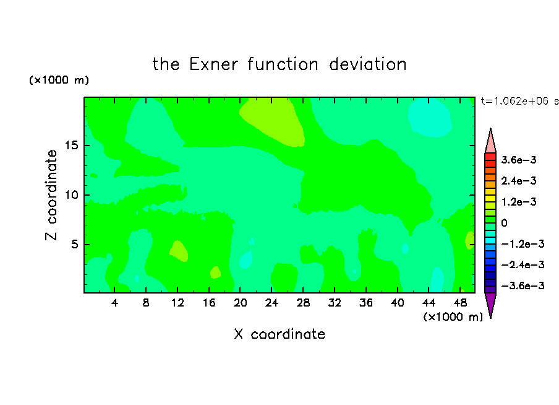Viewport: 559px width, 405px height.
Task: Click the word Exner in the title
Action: coord(213,64)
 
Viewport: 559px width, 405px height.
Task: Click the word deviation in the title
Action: coord(367,64)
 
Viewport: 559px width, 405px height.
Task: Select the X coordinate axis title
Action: coord(279,334)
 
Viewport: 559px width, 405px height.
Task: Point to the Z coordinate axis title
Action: coord(51,195)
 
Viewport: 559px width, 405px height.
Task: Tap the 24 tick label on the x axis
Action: coord(271,303)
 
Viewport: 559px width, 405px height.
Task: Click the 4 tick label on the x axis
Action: coord(114,303)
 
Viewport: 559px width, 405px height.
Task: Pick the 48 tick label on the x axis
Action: coord(460,303)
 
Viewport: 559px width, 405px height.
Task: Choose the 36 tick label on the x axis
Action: coord(366,303)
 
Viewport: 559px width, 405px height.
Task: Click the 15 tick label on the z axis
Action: coord(71,146)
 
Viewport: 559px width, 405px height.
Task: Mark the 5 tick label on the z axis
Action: coord(74,244)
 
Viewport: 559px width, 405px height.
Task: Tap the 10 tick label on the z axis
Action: coord(71,195)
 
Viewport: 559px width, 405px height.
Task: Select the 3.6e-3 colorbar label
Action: coord(519,160)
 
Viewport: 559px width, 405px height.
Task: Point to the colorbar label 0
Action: coord(504,223)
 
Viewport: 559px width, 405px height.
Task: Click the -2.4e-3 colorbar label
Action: coord(523,265)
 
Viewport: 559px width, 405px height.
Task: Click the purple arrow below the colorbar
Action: coord(490,304)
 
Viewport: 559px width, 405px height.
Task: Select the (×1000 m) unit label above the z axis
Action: coord(59,80)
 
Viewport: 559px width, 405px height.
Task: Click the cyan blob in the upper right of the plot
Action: coord(430,117)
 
